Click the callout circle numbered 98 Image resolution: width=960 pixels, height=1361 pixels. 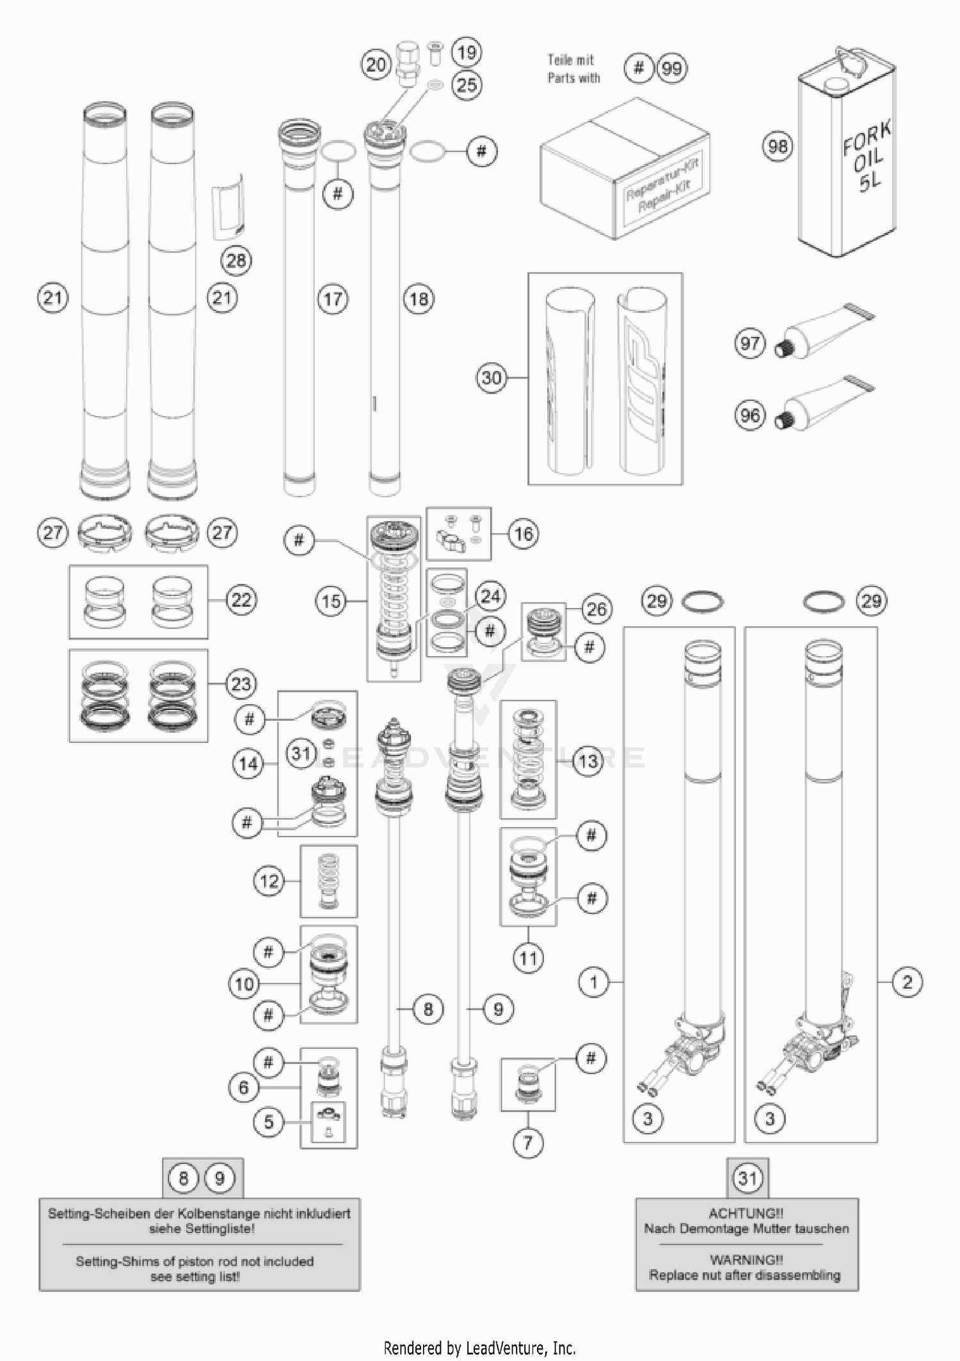click(x=778, y=147)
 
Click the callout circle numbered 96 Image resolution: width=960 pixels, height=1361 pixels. click(x=750, y=415)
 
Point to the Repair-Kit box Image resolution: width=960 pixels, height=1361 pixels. click(x=624, y=170)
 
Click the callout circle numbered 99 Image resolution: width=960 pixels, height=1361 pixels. click(x=671, y=68)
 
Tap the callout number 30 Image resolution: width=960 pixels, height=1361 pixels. click(x=492, y=378)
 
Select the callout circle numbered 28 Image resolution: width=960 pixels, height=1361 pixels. click(x=236, y=261)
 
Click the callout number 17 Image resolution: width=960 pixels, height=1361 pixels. click(x=333, y=299)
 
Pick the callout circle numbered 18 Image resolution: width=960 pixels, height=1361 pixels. click(x=419, y=299)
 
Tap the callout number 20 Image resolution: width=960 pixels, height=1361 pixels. click(x=376, y=65)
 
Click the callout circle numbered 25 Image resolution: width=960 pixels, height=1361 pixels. click(x=467, y=85)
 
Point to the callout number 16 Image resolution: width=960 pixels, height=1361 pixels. click(x=524, y=533)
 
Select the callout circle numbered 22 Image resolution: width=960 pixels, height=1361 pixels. click(x=241, y=600)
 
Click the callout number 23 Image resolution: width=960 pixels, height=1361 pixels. click(x=241, y=684)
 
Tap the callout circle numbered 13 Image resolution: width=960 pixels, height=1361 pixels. click(x=588, y=761)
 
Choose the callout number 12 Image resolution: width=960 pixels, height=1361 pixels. click(x=269, y=881)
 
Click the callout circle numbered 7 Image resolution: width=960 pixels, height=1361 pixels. click(x=528, y=1142)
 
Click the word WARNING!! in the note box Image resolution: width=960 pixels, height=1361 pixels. click(x=746, y=1260)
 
